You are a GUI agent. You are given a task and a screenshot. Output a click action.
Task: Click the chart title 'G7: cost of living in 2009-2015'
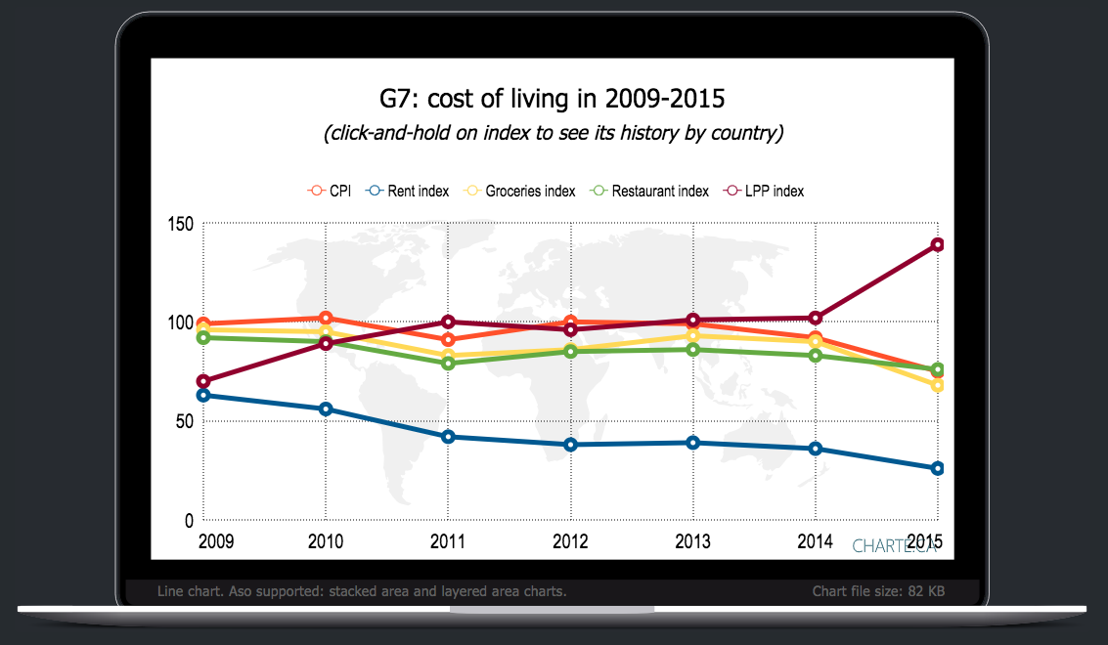click(x=553, y=100)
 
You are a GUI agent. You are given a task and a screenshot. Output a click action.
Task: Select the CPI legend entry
click(x=330, y=191)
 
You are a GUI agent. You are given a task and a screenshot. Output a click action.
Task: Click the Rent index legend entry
click(x=408, y=191)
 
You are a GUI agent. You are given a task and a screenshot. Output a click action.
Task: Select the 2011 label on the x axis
click(x=447, y=541)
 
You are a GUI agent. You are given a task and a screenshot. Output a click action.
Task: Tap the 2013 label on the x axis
click(x=692, y=541)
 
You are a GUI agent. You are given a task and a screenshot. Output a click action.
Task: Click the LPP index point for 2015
click(x=937, y=244)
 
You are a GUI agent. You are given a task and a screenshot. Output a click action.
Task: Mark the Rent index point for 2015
click(x=937, y=468)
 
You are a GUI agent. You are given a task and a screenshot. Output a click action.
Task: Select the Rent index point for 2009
click(x=202, y=395)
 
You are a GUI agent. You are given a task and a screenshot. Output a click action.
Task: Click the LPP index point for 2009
click(x=202, y=381)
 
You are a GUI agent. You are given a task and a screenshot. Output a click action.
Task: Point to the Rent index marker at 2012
click(x=570, y=445)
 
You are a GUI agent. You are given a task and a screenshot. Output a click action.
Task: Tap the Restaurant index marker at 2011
click(x=448, y=364)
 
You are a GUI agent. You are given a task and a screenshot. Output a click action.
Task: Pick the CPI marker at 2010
click(x=326, y=318)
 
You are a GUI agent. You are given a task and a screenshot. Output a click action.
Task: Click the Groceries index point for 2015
click(x=937, y=385)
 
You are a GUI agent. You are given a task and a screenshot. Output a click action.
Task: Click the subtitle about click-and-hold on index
click(x=553, y=133)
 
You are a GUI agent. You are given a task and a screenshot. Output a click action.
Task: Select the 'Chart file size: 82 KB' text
click(x=878, y=591)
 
